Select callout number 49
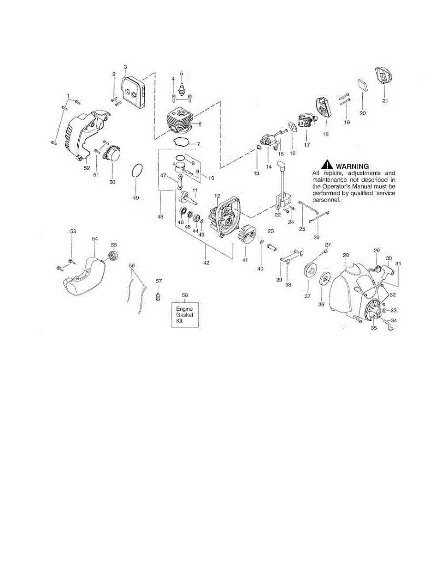pyautogui.click(x=136, y=197)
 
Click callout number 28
pyautogui.click(x=346, y=255)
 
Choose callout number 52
pyautogui.click(x=87, y=168)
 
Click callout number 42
pyautogui.click(x=206, y=262)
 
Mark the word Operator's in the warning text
pyautogui.click(x=339, y=187)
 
